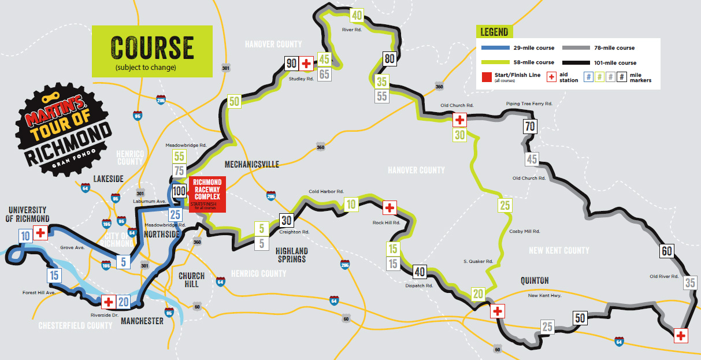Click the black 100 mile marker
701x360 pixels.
179,191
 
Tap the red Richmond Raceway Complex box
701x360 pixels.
207,194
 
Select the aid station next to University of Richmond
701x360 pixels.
40,233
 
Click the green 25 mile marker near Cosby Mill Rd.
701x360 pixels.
505,205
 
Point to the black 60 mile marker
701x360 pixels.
666,251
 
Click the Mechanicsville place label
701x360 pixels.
251,165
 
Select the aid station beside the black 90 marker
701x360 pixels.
307,63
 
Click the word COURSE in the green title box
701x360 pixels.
152,48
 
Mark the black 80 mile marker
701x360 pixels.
390,58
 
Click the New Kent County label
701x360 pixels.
559,250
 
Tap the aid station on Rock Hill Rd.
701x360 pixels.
390,207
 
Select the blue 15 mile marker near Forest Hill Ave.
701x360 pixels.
54,275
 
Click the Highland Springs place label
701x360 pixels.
291,255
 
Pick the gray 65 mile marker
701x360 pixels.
324,73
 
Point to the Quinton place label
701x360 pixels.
534,281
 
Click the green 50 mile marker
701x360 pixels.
234,102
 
